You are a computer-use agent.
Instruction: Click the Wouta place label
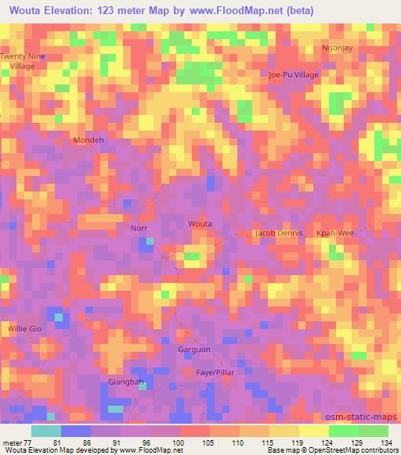coord(200,224)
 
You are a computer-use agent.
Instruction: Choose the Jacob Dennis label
coord(279,234)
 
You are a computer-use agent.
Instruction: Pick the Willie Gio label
coord(24,329)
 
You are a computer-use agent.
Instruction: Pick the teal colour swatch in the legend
coord(46,430)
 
